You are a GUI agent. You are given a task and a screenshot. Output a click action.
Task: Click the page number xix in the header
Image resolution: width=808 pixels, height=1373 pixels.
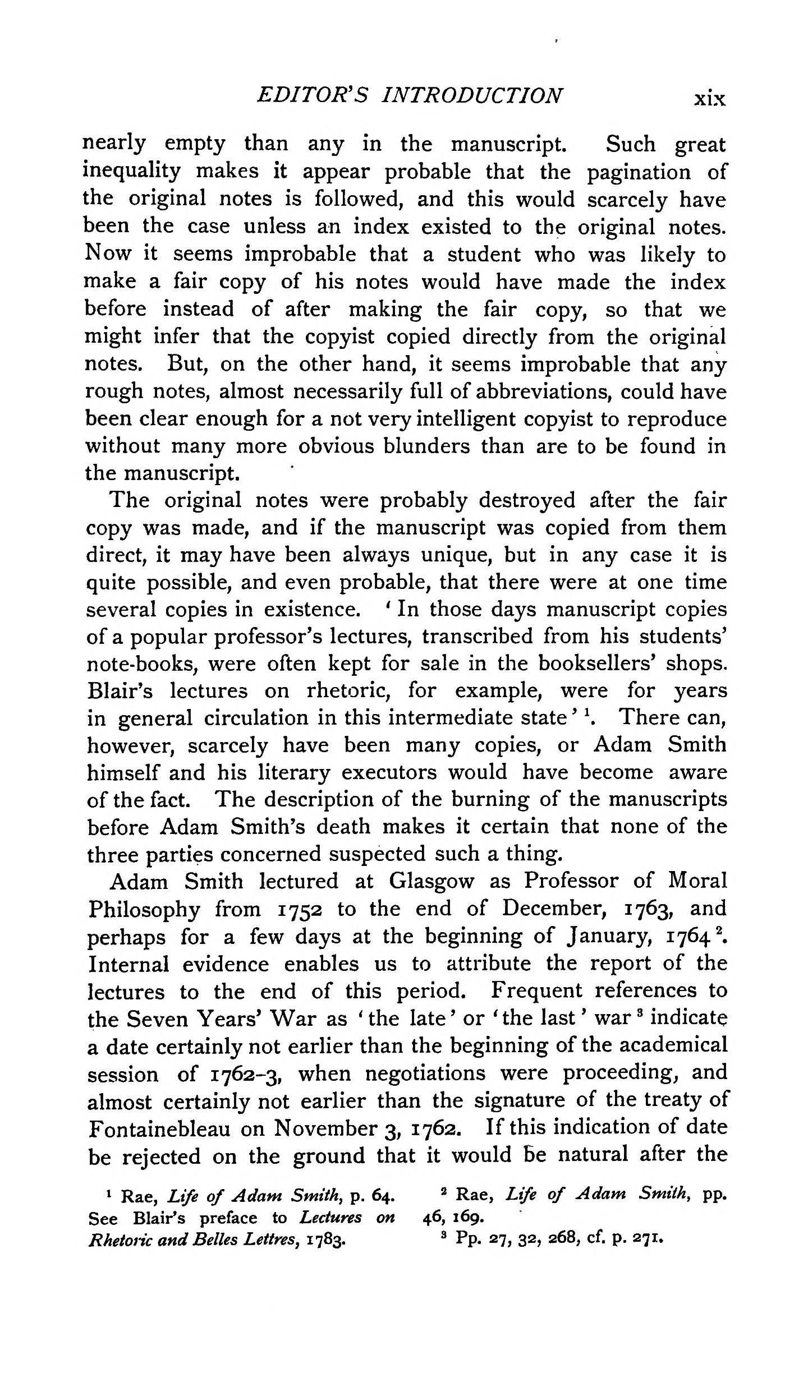[x=709, y=99]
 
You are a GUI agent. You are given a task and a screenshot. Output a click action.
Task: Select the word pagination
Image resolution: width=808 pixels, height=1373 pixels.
[x=638, y=172]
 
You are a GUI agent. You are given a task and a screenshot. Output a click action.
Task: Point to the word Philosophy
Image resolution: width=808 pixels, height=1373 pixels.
[x=144, y=909]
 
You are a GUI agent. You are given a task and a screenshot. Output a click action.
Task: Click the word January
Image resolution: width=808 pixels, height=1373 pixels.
[x=612, y=936]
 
